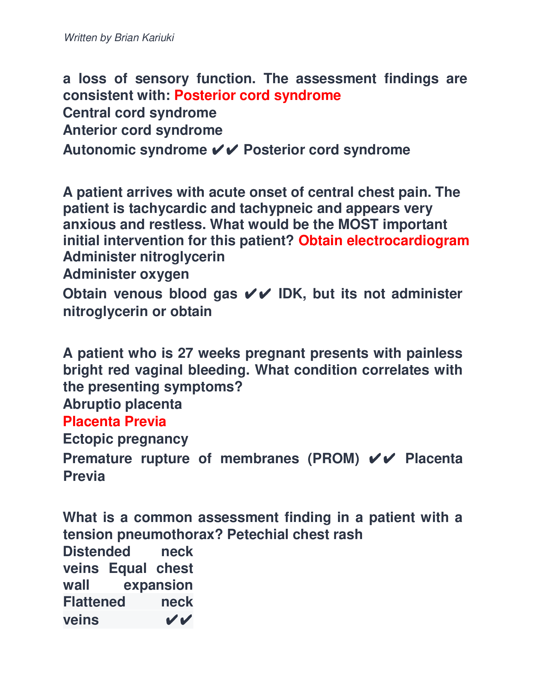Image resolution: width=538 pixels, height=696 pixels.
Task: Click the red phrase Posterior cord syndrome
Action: [x=258, y=95]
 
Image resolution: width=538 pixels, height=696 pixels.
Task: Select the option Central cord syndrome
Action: [x=140, y=113]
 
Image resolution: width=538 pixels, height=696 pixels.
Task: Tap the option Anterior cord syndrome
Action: [x=142, y=130]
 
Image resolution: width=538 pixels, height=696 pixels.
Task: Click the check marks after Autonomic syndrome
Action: [x=225, y=150]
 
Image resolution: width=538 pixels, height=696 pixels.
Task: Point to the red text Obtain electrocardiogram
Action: [x=384, y=241]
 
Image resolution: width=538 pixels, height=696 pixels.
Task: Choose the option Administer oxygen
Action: [x=126, y=274]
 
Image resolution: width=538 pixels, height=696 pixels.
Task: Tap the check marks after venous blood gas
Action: [x=258, y=294]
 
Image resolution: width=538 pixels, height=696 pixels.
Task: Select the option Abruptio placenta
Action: [x=122, y=404]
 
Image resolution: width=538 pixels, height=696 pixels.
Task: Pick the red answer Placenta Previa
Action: [x=115, y=422]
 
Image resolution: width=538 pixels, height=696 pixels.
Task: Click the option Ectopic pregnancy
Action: [x=126, y=439]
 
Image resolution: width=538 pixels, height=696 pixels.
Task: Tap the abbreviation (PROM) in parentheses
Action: [x=333, y=459]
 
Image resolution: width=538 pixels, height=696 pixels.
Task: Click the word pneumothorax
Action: [x=170, y=534]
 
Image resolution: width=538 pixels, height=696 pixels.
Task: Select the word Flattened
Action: [x=94, y=602]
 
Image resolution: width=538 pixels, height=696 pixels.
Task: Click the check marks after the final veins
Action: [x=179, y=620]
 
